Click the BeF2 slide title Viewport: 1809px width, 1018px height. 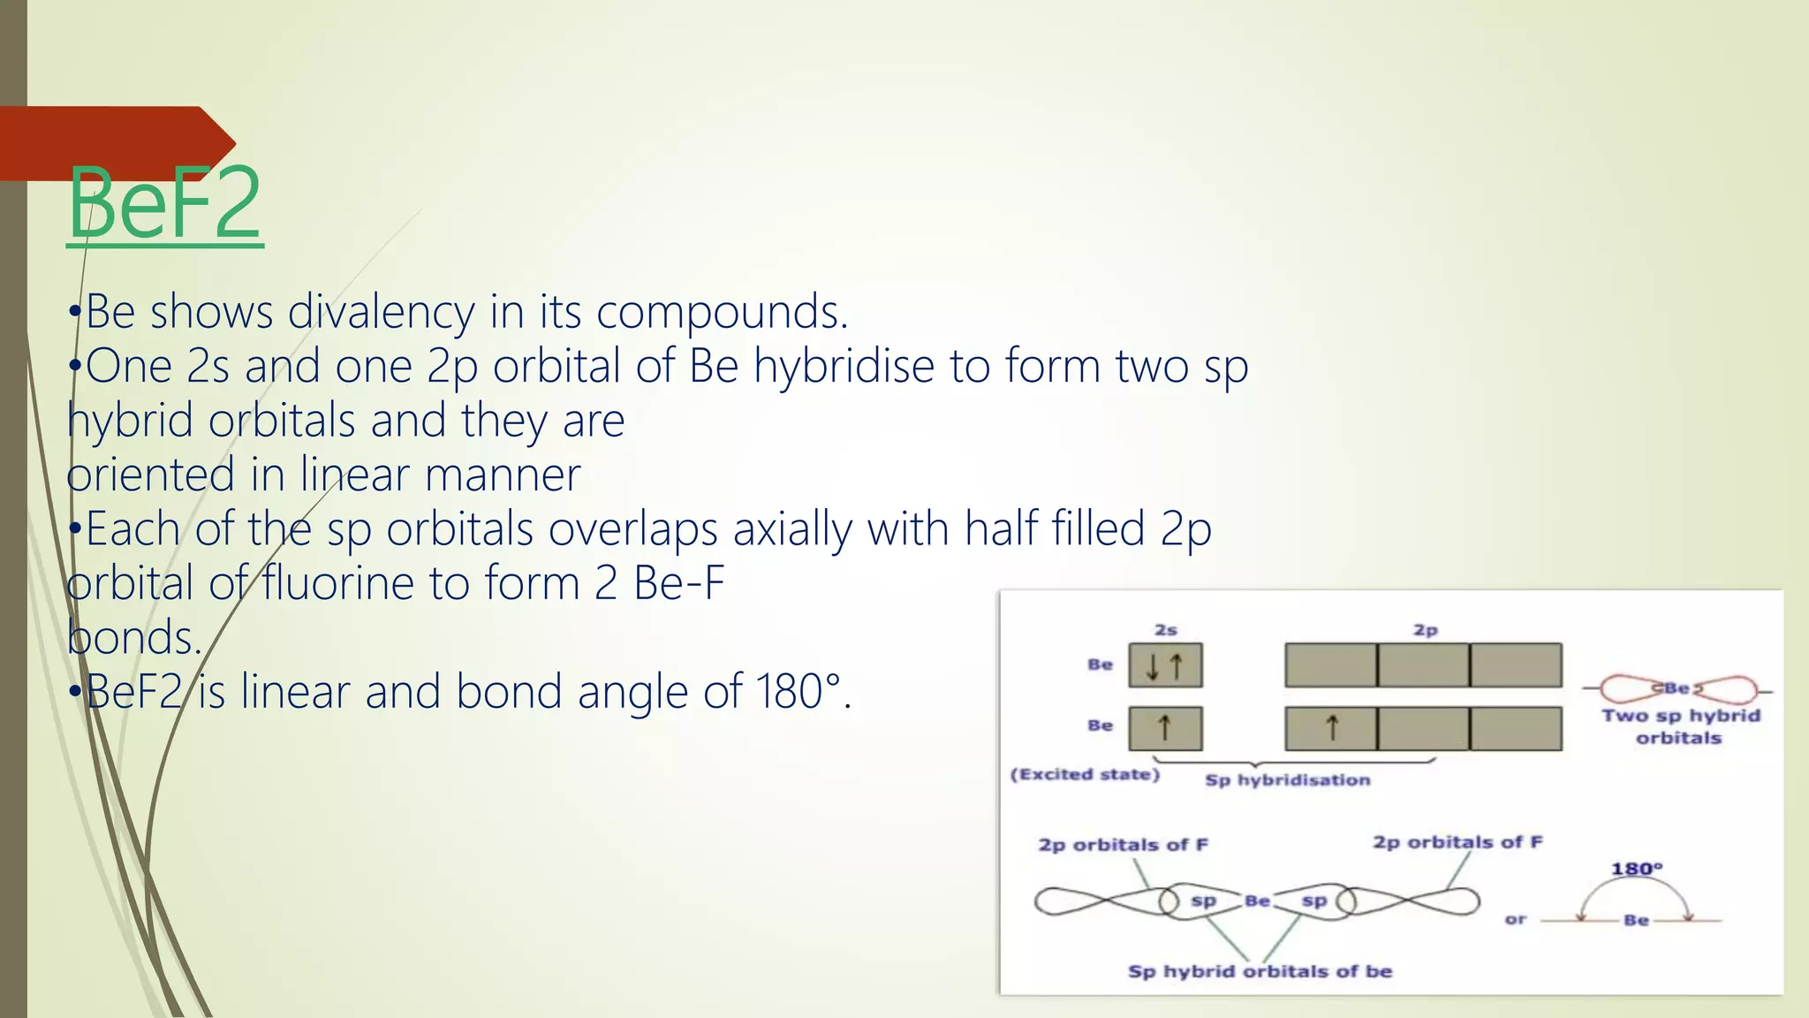point(165,204)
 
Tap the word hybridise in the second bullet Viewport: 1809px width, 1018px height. point(844,366)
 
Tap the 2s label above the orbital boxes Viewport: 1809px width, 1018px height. point(1166,630)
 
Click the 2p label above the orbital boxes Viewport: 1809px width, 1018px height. point(1425,630)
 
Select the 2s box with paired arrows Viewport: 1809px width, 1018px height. point(1165,666)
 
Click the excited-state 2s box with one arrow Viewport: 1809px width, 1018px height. point(1165,728)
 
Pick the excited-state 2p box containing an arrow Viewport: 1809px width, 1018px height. point(1330,728)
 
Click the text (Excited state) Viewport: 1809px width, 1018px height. point(1085,775)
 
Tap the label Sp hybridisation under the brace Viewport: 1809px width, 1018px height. point(1287,780)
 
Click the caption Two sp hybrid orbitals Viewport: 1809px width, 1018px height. point(1680,726)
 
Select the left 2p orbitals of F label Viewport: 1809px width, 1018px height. point(1123,845)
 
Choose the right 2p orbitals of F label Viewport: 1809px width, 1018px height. point(1457,842)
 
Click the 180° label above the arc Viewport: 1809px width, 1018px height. point(1636,869)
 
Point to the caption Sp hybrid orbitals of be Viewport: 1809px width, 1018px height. point(1260,972)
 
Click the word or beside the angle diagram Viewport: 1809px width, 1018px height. point(1515,920)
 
